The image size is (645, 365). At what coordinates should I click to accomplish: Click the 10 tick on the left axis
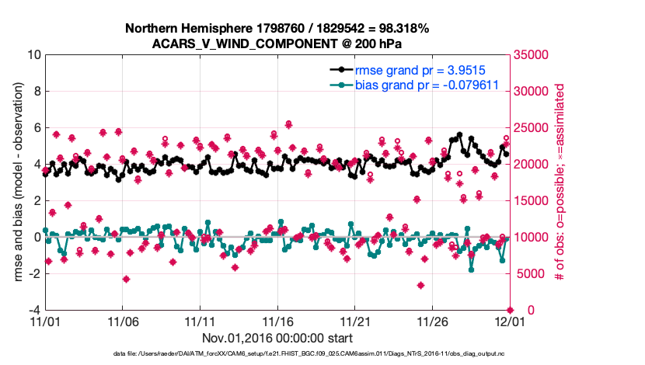pos(33,55)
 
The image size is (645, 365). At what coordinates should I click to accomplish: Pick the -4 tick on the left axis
pos(34,310)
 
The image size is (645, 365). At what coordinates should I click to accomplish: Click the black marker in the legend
pos(341,70)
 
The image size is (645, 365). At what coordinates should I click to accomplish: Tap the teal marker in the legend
pos(341,85)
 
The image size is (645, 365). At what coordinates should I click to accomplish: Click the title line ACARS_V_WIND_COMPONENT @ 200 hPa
pos(277,43)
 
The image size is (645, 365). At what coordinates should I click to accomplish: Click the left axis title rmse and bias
pos(16,182)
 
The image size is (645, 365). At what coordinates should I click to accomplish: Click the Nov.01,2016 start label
pos(277,338)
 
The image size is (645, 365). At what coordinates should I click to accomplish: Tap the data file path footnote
pos(277,353)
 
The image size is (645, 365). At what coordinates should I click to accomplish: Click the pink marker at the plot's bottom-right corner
pos(509,310)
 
